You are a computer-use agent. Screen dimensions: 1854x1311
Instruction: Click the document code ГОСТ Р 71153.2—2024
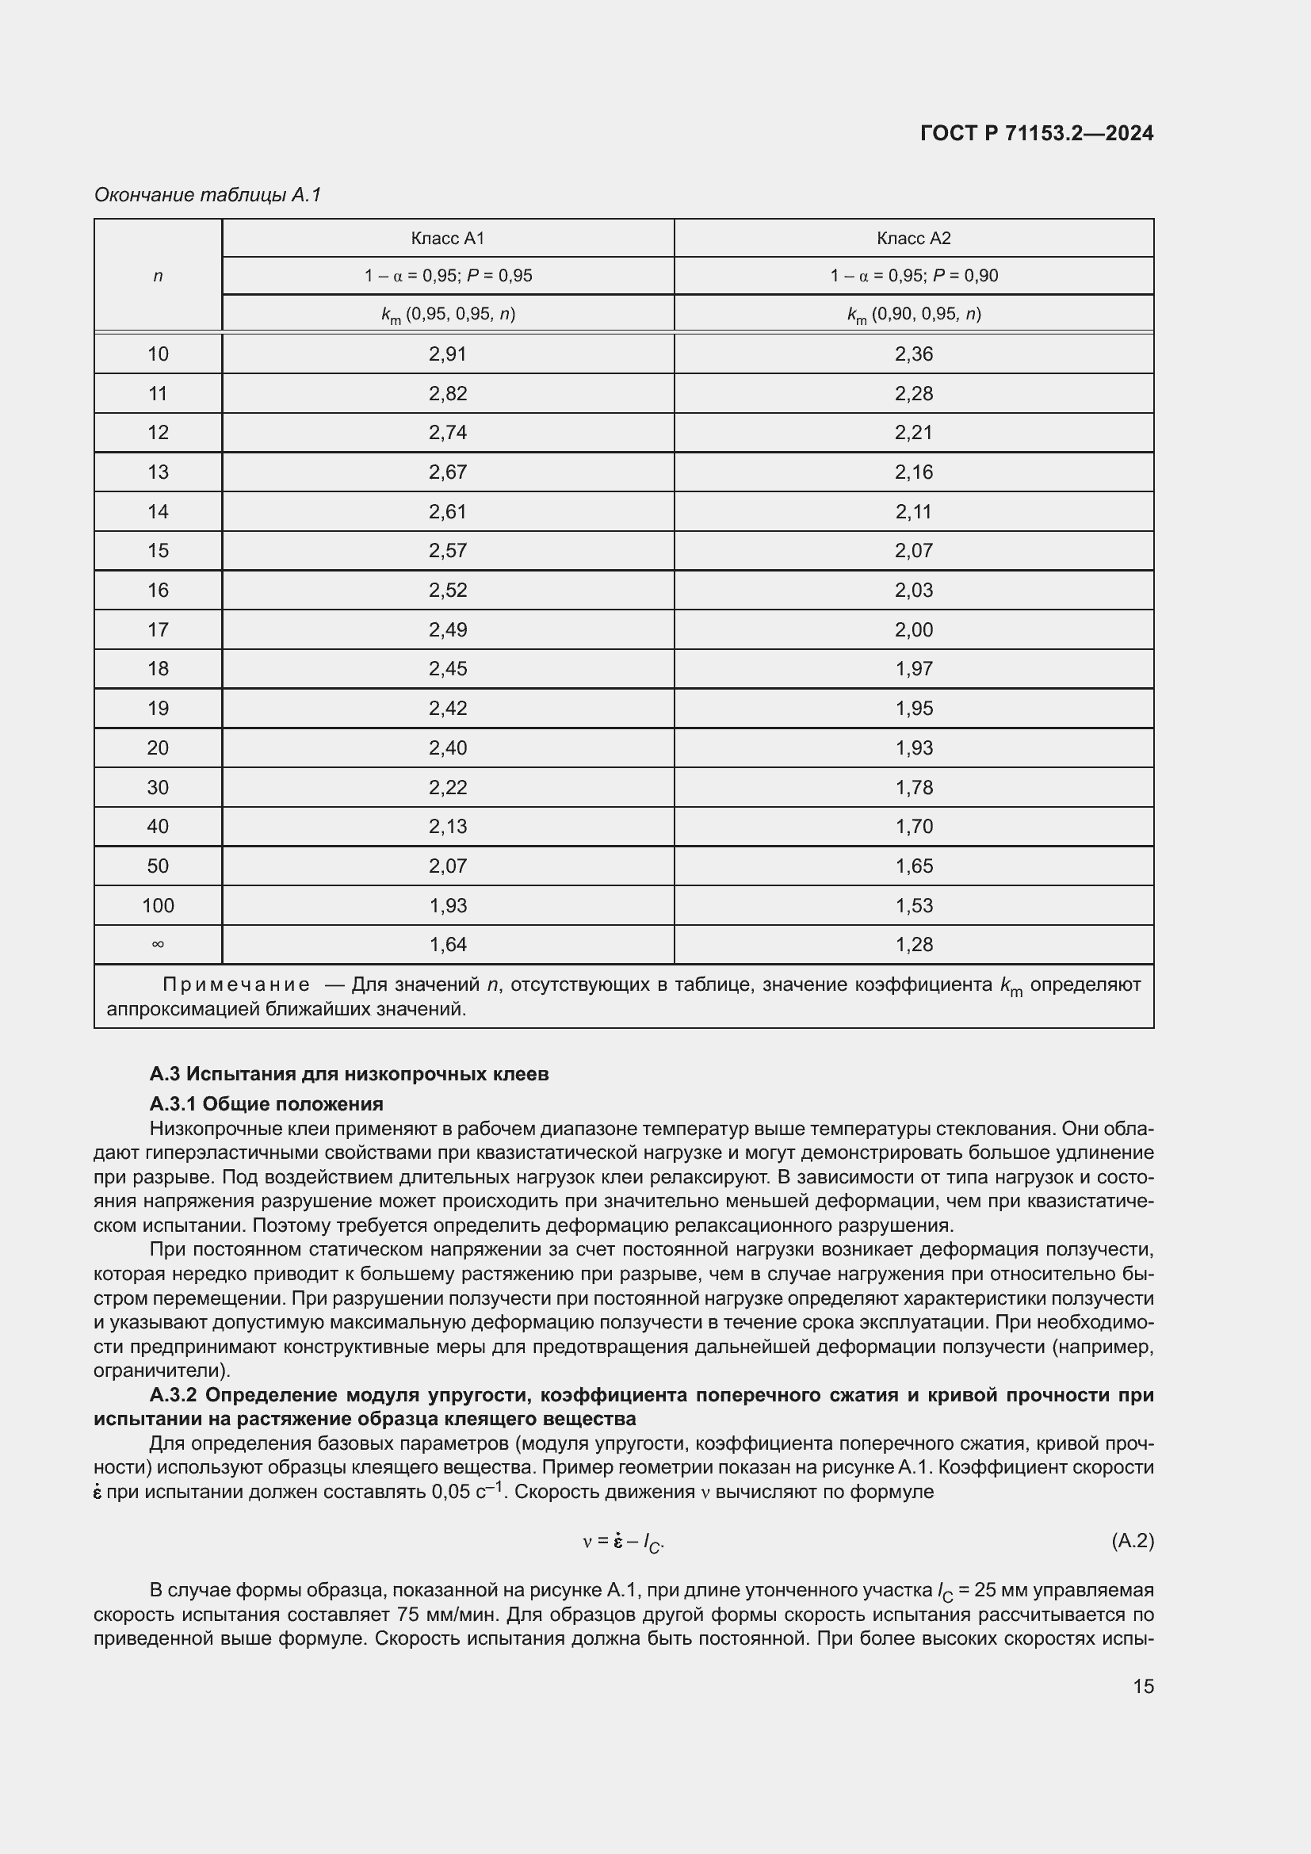(x=1037, y=134)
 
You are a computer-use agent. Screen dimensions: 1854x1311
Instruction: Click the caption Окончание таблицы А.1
(x=208, y=195)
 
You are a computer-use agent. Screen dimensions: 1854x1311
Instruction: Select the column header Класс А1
(x=447, y=239)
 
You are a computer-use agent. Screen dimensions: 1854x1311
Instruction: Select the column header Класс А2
(x=913, y=239)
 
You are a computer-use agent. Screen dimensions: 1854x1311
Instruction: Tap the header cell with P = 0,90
(x=913, y=276)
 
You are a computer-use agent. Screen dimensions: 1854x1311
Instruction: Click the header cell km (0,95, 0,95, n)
(x=447, y=314)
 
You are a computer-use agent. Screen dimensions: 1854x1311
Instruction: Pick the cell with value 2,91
(x=447, y=354)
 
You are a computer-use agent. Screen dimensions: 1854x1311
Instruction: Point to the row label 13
(x=158, y=472)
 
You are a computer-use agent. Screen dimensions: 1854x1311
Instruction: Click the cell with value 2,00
(x=913, y=630)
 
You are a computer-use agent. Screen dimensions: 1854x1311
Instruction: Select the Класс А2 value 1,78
(x=913, y=787)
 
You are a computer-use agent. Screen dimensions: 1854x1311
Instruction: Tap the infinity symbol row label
(x=158, y=944)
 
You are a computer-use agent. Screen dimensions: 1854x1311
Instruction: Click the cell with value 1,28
(x=913, y=945)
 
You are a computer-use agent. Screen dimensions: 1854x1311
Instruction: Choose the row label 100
(x=158, y=905)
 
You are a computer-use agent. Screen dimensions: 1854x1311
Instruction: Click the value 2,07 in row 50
(x=447, y=866)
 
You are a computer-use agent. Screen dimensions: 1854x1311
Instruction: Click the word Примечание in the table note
(x=235, y=985)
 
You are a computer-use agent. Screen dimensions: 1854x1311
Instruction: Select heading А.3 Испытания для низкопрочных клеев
(x=349, y=1074)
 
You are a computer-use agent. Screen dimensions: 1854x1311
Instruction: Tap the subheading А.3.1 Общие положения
(x=266, y=1104)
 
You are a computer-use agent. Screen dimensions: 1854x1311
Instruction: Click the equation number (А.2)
(x=1132, y=1541)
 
